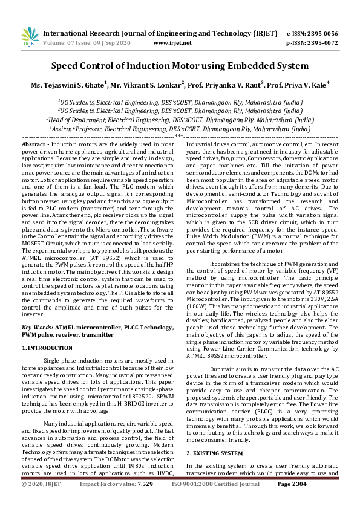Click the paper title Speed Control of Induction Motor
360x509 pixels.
click(x=180, y=66)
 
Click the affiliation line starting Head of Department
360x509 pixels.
click(x=180, y=120)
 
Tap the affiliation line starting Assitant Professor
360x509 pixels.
click(x=180, y=129)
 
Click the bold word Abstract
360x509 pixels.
click(x=32, y=145)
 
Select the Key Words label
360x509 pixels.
click(x=38, y=327)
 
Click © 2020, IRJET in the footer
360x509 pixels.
click(x=41, y=501)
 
